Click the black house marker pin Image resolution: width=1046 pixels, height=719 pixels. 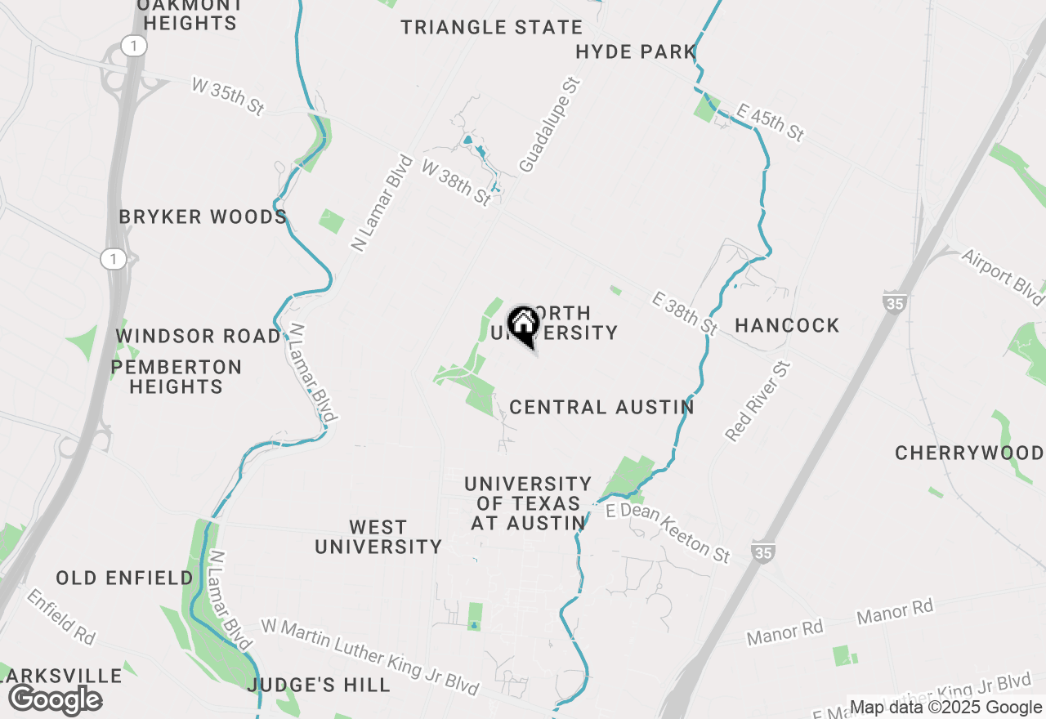pyautogui.click(x=523, y=325)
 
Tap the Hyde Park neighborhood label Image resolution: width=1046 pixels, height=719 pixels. pyautogui.click(x=636, y=52)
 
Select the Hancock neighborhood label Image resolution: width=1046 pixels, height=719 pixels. pyautogui.click(x=787, y=325)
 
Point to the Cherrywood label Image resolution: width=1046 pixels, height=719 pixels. pyautogui.click(x=969, y=453)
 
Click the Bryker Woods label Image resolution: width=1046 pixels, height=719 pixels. pyautogui.click(x=203, y=217)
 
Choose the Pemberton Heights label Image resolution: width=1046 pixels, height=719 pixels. pyautogui.click(x=177, y=377)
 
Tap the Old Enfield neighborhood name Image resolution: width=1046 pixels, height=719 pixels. pyautogui.click(x=125, y=578)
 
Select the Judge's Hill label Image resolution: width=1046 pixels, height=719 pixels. pyautogui.click(x=319, y=685)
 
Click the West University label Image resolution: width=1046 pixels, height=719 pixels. pyautogui.click(x=378, y=537)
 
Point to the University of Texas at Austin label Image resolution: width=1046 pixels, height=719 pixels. pyautogui.click(x=528, y=503)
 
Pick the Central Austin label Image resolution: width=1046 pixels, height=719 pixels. pyautogui.click(x=601, y=407)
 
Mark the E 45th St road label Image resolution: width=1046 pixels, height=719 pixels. pyautogui.click(x=771, y=122)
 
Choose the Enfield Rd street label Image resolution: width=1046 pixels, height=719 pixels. pyautogui.click(x=61, y=616)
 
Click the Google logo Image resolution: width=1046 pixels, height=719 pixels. pyautogui.click(x=55, y=699)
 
